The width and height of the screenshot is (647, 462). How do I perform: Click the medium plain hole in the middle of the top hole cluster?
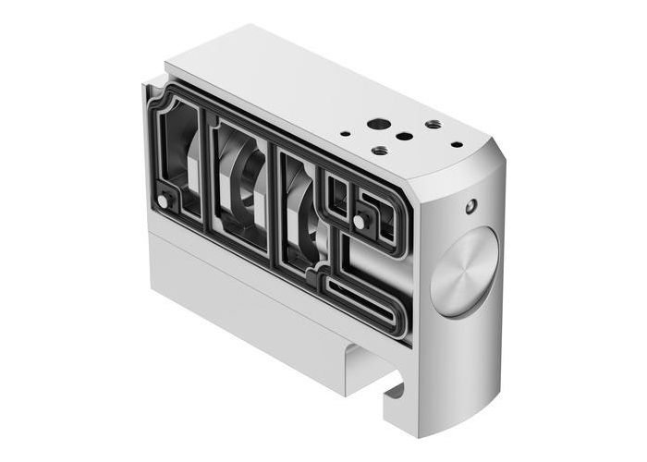[x=404, y=136]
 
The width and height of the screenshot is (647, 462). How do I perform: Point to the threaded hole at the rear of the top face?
[x=433, y=124]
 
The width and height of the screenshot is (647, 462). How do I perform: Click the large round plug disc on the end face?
[x=464, y=273]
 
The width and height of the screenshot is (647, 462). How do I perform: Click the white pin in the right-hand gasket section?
[x=358, y=221]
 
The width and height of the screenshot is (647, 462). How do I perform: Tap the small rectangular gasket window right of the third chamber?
[x=339, y=195]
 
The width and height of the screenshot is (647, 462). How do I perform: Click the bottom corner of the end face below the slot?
[x=416, y=432]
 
